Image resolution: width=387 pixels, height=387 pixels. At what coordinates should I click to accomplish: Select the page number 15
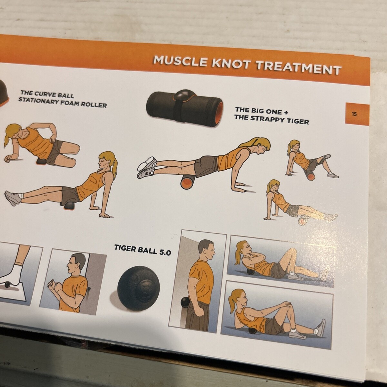point(354,114)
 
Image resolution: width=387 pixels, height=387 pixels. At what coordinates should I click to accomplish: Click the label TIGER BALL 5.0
point(143,250)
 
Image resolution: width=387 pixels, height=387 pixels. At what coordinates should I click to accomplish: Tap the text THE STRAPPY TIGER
point(271,120)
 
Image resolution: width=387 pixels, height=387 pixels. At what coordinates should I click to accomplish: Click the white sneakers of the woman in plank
point(147,168)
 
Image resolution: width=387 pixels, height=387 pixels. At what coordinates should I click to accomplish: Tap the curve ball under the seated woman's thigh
point(69,206)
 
